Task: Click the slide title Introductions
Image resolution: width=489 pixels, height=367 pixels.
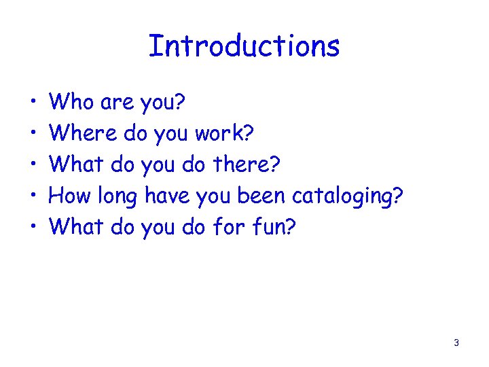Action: coord(244,46)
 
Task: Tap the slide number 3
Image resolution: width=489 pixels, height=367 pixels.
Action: coord(456,343)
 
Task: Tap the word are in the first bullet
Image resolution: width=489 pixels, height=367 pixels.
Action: coord(116,103)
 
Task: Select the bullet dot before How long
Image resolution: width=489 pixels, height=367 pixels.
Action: coord(33,197)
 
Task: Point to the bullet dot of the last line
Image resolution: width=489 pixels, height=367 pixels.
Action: coord(33,228)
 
